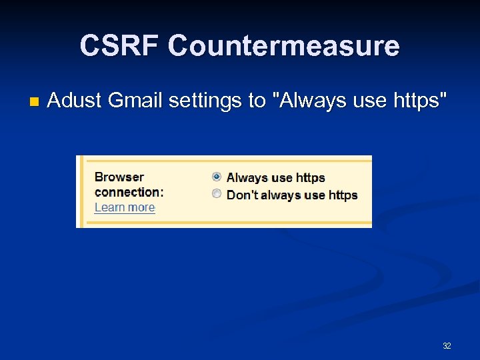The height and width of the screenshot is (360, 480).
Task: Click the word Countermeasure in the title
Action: pos(284,46)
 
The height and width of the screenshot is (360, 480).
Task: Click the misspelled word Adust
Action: pos(74,101)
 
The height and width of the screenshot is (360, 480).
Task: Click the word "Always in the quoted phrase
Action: pos(307,101)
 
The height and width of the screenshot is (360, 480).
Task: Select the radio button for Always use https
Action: pos(217,177)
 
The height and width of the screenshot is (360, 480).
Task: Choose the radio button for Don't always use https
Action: pos(217,194)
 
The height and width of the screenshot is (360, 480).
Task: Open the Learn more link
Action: pos(125,207)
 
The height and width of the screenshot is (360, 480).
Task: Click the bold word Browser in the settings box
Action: pos(119,177)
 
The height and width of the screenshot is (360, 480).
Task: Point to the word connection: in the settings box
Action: pos(129,192)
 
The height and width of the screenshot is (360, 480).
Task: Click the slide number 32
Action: pos(447,346)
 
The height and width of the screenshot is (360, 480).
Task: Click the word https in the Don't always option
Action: pos(343,195)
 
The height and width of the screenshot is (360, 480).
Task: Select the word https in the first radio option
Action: pos(310,178)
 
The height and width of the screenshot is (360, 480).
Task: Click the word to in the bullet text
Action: pos(257,101)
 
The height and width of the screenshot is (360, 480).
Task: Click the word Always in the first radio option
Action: pos(247,178)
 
